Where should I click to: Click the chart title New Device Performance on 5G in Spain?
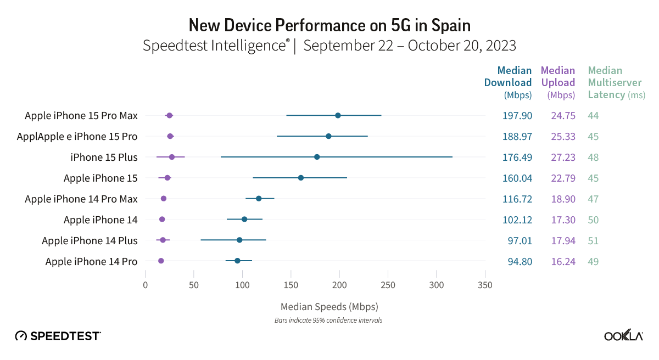[329, 25]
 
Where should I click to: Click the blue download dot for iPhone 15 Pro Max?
[338, 115]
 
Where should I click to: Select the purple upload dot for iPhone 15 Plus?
[172, 157]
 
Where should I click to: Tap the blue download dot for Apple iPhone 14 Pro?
[237, 261]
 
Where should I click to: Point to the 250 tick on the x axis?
[388, 285]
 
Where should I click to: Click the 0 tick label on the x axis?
[145, 285]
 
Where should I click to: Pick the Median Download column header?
[508, 82]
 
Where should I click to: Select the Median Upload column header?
[558, 82]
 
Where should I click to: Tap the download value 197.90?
[517, 116]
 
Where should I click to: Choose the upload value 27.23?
[563, 157]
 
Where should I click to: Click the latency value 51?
[593, 241]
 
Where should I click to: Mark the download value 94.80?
[520, 262]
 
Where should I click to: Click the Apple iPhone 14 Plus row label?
[90, 241]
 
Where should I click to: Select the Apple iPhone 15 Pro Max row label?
[81, 116]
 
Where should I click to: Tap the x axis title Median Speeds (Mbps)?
[329, 306]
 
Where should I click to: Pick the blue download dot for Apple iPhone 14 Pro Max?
[259, 198]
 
